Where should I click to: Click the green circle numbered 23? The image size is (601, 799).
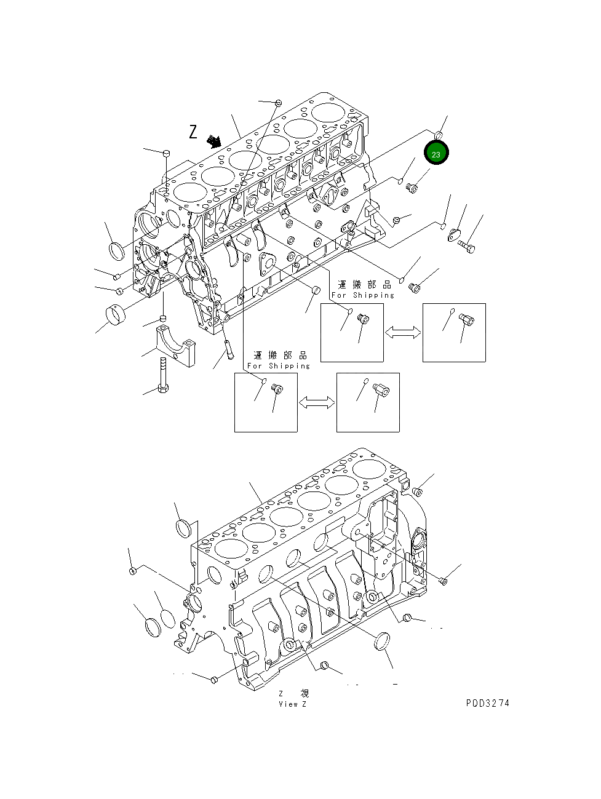tap(436, 153)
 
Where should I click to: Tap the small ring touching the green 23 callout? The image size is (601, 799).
tap(440, 134)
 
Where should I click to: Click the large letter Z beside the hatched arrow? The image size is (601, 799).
tap(193, 132)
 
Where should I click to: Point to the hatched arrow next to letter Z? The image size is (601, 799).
tap(214, 141)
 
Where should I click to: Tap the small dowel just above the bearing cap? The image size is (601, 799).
tap(163, 318)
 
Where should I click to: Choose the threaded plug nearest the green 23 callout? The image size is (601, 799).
tap(412, 187)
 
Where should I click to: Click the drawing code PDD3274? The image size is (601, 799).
tap(487, 703)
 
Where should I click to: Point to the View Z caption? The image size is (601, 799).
tap(292, 704)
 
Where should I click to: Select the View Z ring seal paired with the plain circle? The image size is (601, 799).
tap(153, 627)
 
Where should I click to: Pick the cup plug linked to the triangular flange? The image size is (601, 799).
tap(314, 290)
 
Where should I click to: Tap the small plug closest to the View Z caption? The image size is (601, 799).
tap(325, 666)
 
